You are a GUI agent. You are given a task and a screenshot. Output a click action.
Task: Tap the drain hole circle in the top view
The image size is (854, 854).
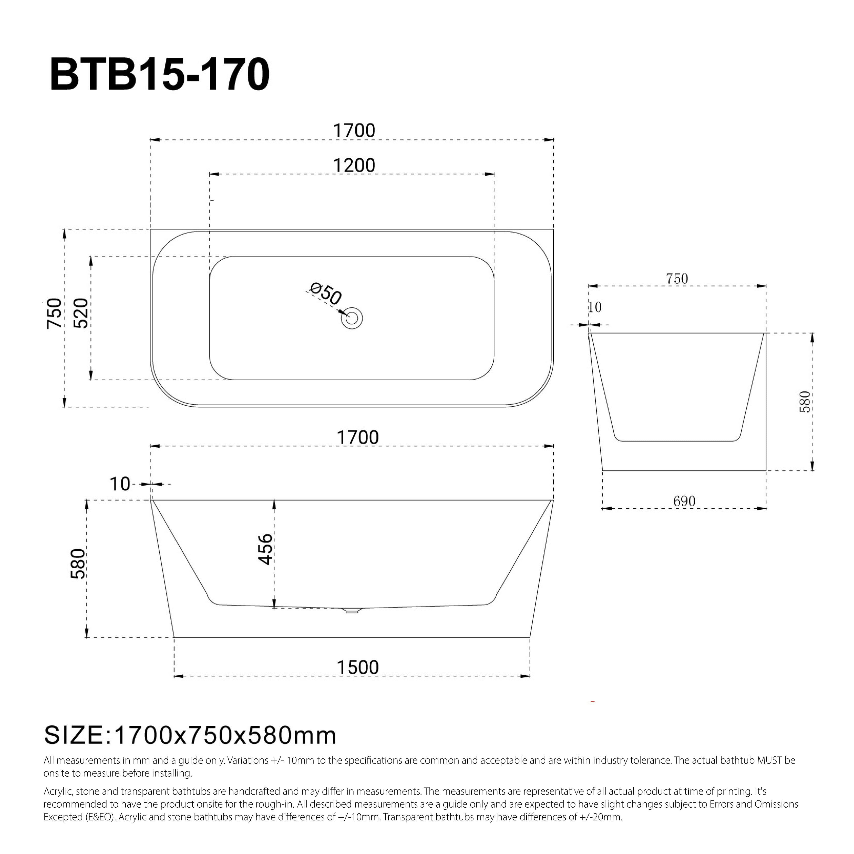352,318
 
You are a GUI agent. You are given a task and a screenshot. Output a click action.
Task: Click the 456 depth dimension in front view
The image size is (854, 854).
265,549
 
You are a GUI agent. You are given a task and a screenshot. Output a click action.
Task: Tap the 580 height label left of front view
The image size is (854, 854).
78,564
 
